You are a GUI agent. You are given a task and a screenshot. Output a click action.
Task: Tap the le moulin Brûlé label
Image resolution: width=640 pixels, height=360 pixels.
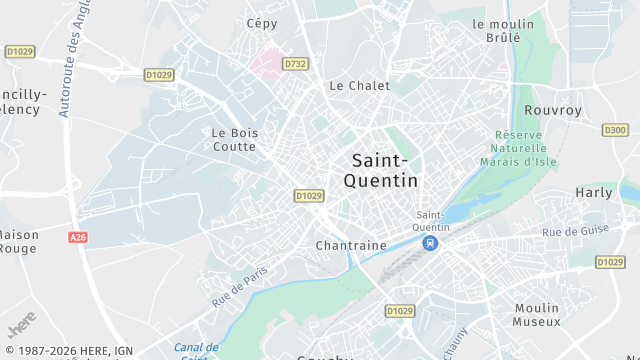(x=497, y=30)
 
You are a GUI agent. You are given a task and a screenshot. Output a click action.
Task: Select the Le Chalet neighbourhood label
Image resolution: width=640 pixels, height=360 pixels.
(x=360, y=86)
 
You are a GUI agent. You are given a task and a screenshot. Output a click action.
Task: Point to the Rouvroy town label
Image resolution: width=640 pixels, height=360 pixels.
(x=553, y=111)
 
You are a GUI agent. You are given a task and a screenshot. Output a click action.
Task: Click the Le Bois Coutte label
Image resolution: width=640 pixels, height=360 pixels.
(x=235, y=139)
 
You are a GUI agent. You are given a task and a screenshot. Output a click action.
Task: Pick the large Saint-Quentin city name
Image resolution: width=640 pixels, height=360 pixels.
(x=380, y=170)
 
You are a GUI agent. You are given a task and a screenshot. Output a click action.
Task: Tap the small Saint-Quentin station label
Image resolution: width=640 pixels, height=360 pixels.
(x=433, y=221)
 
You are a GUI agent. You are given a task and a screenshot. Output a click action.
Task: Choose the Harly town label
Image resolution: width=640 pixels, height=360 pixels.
(x=593, y=192)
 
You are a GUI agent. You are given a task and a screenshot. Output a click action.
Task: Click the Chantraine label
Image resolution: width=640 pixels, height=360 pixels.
(x=350, y=245)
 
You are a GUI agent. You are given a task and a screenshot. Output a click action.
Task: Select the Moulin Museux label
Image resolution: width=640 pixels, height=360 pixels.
(x=537, y=315)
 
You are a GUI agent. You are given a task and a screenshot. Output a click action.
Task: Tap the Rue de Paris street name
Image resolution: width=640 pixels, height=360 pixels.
(x=240, y=285)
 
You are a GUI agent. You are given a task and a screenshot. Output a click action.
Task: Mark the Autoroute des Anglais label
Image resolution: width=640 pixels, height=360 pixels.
(x=70, y=60)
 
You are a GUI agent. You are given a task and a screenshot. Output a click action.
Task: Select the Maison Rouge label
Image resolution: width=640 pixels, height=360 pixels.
(x=18, y=242)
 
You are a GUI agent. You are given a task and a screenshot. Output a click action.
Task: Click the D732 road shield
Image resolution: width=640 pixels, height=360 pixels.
(x=294, y=63)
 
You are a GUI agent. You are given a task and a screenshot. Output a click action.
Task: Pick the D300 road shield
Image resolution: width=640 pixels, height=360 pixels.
(x=615, y=130)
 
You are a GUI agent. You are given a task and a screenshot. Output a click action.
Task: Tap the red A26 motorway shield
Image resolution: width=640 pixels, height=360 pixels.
(x=79, y=237)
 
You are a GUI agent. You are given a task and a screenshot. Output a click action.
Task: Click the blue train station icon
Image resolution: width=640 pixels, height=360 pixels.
(x=430, y=243)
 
